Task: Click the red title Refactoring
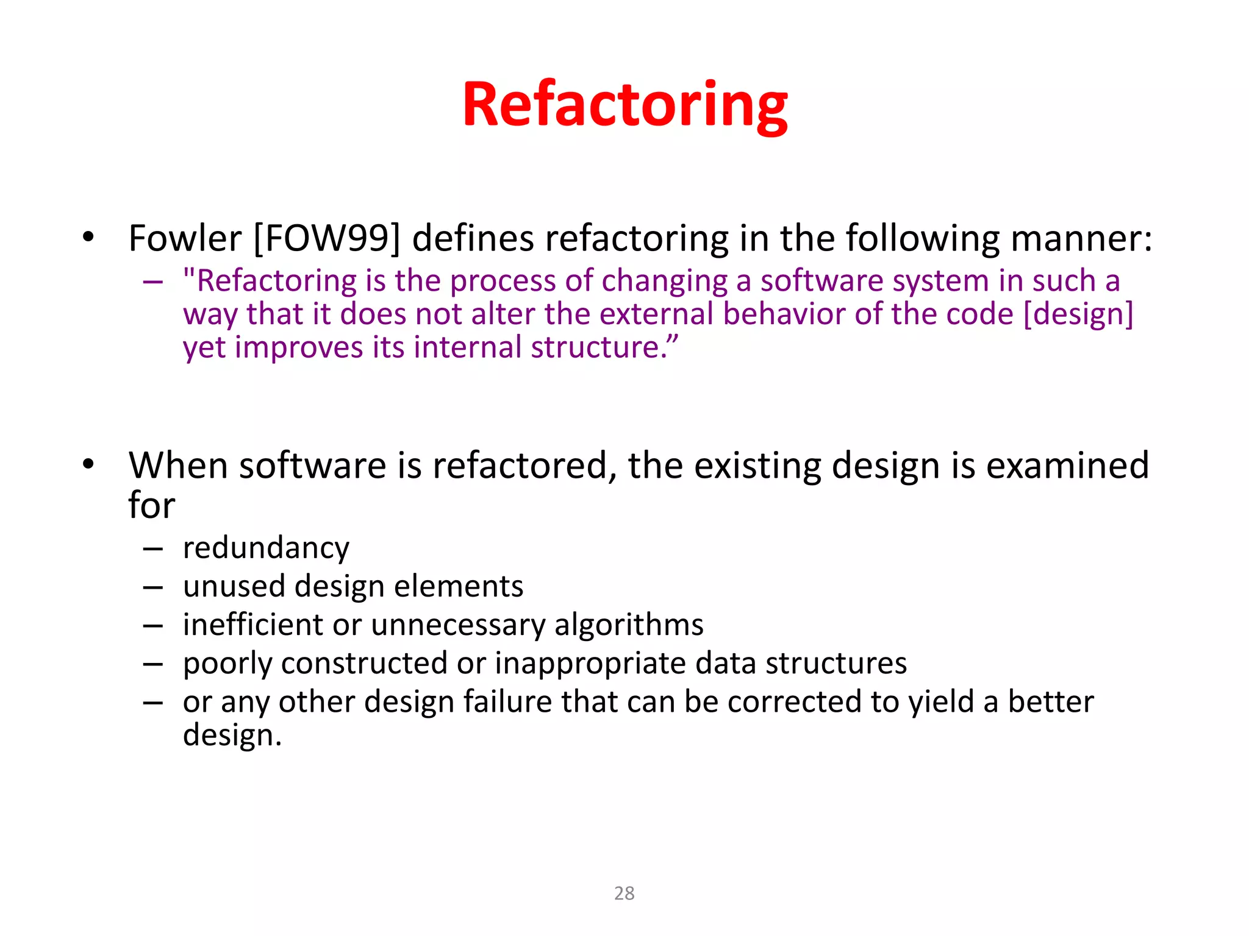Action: [x=624, y=105]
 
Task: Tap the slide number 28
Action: [x=624, y=893]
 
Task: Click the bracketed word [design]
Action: [x=1078, y=314]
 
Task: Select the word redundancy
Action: [x=266, y=548]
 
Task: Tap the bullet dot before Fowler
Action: [x=89, y=237]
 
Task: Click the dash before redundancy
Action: [x=153, y=549]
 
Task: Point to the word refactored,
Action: [x=525, y=466]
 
